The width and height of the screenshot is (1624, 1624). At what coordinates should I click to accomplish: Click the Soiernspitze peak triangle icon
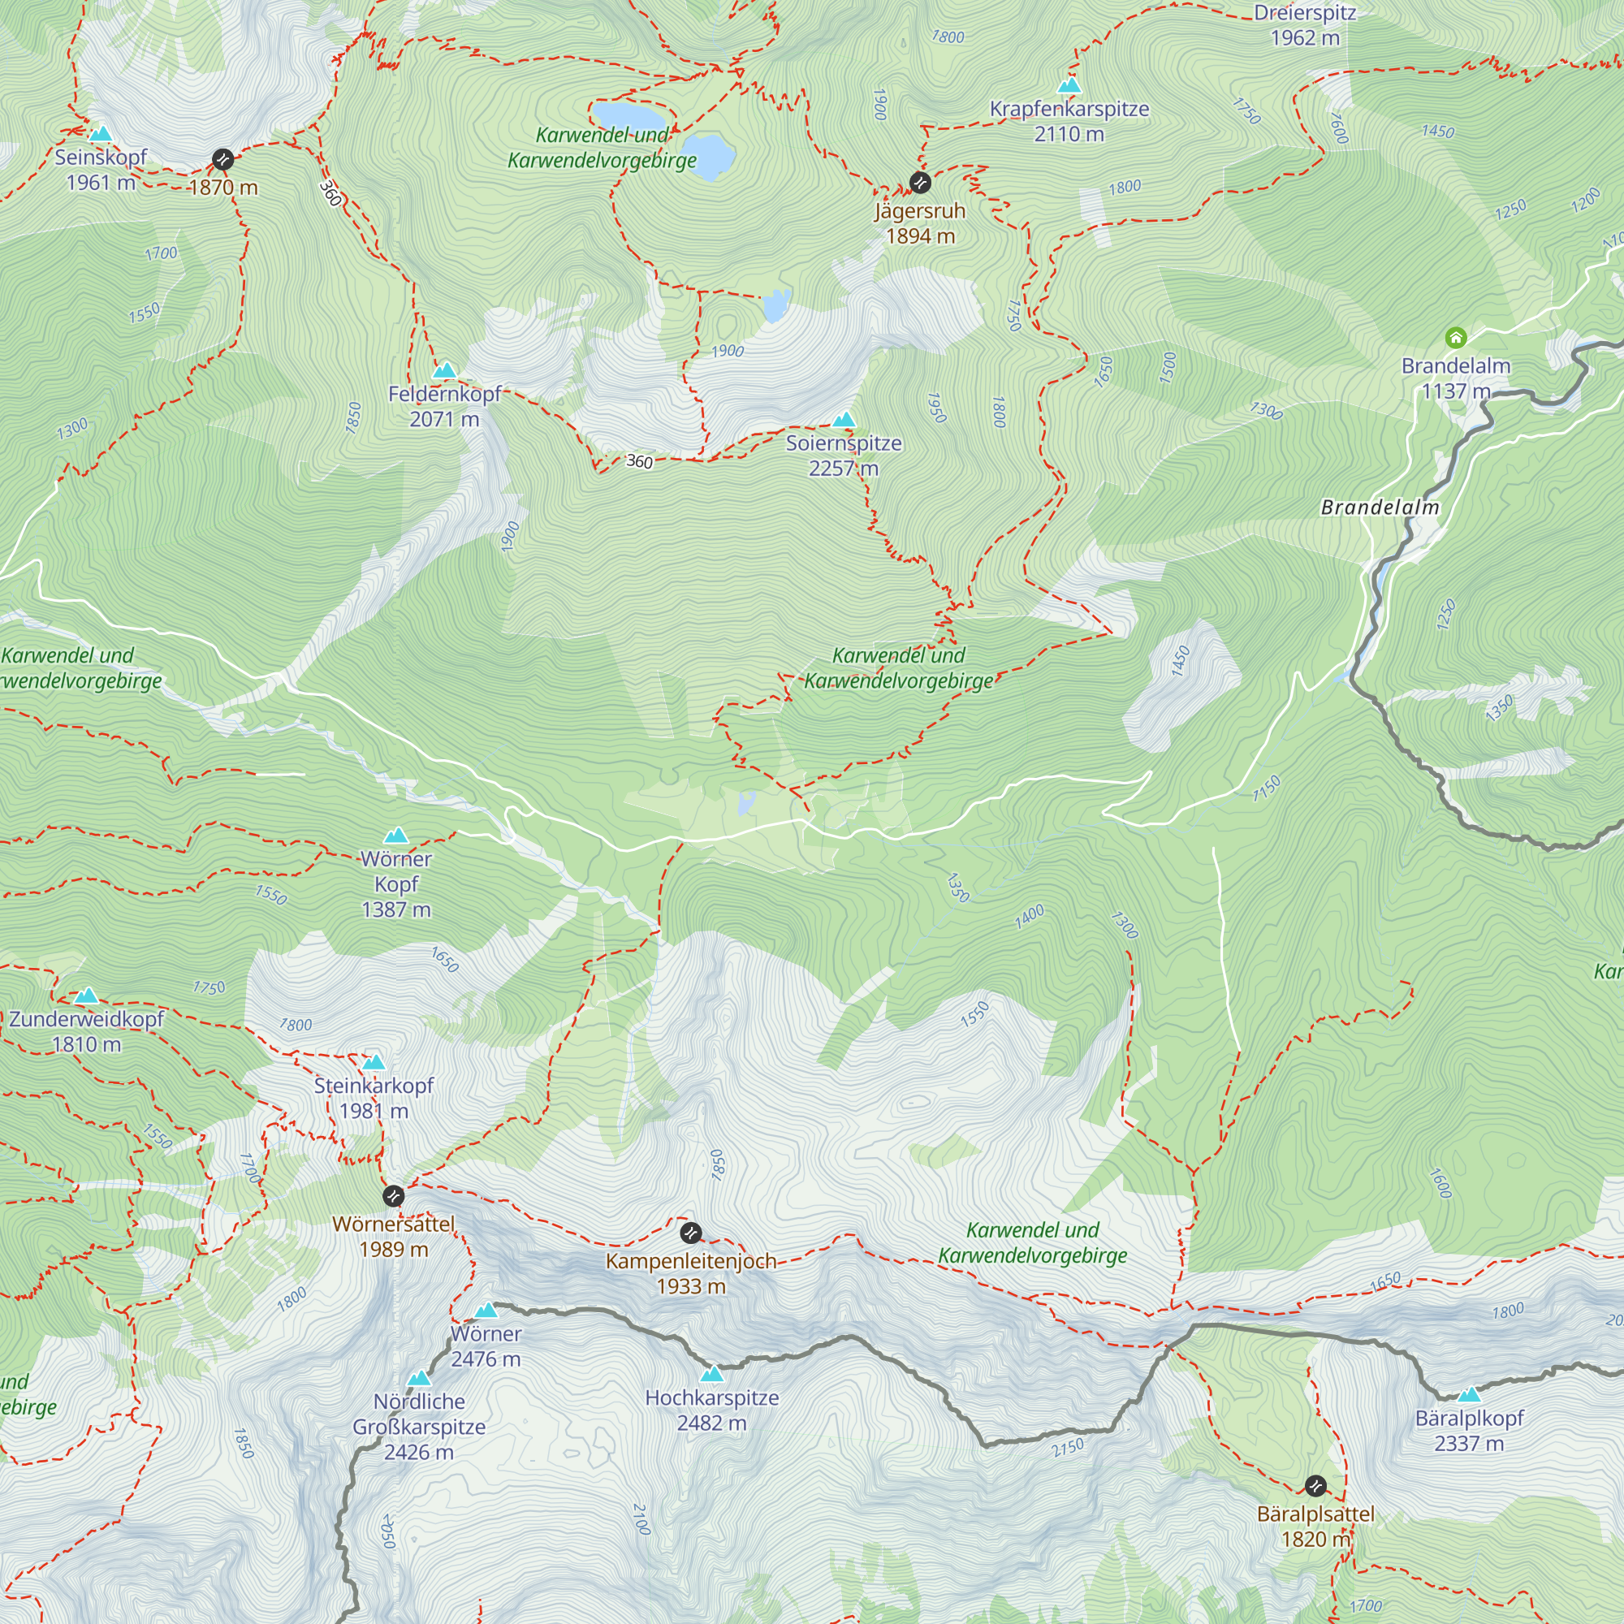coord(843,420)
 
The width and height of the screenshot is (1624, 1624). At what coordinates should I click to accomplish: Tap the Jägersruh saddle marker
coord(920,183)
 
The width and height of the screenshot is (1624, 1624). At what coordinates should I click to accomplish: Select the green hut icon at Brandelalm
coord(1455,338)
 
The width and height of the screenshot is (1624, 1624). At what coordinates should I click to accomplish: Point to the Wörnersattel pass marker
coord(392,1195)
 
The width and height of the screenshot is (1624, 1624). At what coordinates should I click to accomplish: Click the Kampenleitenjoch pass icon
coord(690,1233)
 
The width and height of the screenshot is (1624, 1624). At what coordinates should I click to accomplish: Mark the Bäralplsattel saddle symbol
coord(1315,1485)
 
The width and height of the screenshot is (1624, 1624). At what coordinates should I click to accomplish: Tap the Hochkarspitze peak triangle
coord(712,1375)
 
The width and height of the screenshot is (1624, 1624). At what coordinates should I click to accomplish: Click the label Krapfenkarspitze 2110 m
coord(1069,121)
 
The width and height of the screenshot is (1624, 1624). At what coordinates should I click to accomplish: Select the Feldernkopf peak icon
coord(444,369)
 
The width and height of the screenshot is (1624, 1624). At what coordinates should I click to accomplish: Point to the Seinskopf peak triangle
coord(101,134)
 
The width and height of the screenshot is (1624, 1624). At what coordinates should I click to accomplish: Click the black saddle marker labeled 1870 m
coord(222,159)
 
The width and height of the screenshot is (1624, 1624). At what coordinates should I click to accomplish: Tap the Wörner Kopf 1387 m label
coord(396,883)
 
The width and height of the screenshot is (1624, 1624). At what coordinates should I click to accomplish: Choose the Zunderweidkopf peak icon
coord(86,996)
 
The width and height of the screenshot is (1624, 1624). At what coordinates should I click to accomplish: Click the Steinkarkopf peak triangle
coord(374,1061)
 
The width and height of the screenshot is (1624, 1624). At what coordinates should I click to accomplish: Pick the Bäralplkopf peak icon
coord(1468,1394)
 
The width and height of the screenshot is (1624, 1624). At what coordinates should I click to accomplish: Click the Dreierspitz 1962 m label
coord(1305,25)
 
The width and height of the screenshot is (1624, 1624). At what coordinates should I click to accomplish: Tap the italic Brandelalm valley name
coord(1380,507)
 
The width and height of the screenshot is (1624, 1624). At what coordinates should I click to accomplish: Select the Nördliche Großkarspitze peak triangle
coord(419,1379)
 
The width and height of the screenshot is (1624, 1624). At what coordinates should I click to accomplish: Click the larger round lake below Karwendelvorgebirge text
coord(708,156)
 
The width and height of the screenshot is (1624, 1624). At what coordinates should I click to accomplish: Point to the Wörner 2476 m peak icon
coord(486,1311)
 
